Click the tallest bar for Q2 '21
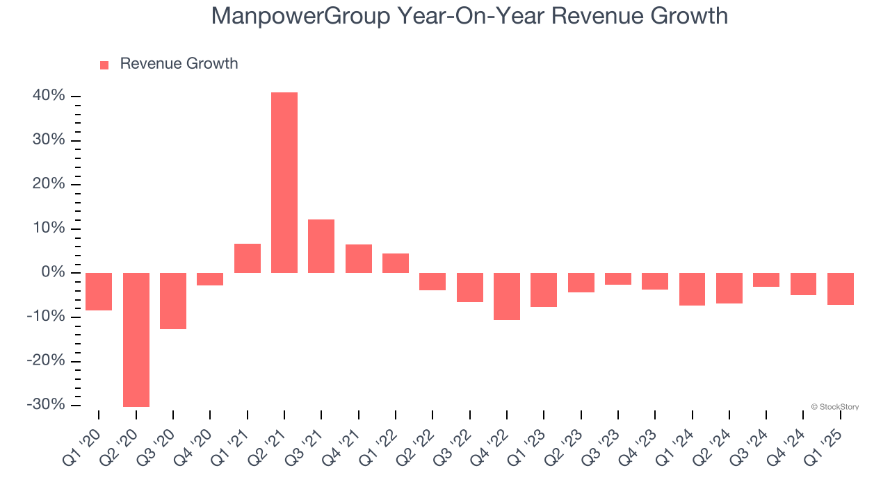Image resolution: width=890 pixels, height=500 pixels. click(284, 182)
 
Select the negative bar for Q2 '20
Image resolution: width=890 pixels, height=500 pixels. click(136, 340)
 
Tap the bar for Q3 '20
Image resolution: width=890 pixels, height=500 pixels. click(173, 301)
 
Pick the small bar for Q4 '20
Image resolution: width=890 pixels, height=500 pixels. click(210, 279)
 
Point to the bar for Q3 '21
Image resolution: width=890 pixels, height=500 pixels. click(321, 246)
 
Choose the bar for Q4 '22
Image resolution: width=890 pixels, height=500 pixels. click(507, 297)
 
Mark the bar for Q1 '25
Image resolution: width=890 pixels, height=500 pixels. click(841, 289)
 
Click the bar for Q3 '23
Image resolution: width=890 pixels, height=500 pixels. click(618, 278)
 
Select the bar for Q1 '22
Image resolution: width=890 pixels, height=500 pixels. click(396, 263)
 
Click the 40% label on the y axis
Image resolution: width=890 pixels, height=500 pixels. click(49, 96)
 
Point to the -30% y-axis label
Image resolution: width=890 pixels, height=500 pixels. click(46, 405)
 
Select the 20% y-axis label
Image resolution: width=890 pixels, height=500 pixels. click(49, 184)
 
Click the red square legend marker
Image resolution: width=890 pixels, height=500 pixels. click(104, 65)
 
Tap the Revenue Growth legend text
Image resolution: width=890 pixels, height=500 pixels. click(179, 64)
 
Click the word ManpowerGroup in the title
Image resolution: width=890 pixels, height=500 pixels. click(300, 15)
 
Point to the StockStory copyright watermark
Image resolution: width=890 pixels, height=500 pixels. click(834, 407)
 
